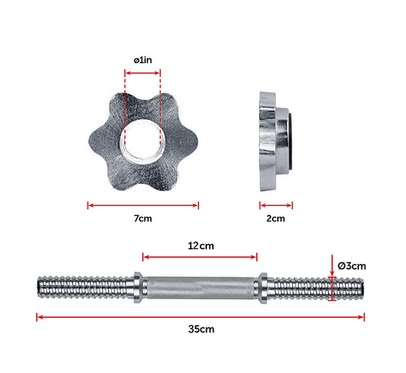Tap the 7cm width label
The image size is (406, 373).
[142, 219]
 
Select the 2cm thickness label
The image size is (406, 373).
[276, 219]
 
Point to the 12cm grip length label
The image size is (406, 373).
[199, 245]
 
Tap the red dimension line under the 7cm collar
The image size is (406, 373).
[142, 205]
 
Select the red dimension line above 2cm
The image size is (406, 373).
[276, 205]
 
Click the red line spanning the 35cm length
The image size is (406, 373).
[201, 316]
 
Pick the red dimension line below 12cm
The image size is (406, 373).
[199, 257]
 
